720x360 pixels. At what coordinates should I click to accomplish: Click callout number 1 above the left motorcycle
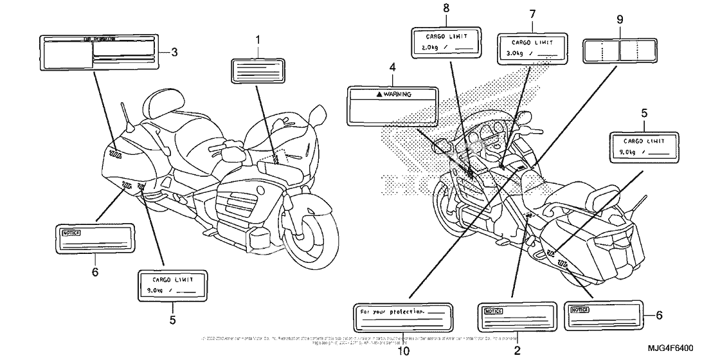(258, 40)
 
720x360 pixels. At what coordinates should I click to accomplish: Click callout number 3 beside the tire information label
(174, 51)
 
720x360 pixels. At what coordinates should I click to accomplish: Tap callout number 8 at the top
(446, 8)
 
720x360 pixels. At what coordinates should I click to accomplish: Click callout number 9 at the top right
(620, 19)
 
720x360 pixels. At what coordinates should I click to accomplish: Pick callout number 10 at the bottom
(402, 351)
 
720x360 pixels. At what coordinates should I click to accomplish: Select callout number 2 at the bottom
(517, 351)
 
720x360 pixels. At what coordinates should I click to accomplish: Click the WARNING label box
(391, 105)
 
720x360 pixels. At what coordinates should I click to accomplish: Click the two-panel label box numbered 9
(619, 50)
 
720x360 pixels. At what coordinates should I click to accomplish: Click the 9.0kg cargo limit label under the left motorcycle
(173, 285)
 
